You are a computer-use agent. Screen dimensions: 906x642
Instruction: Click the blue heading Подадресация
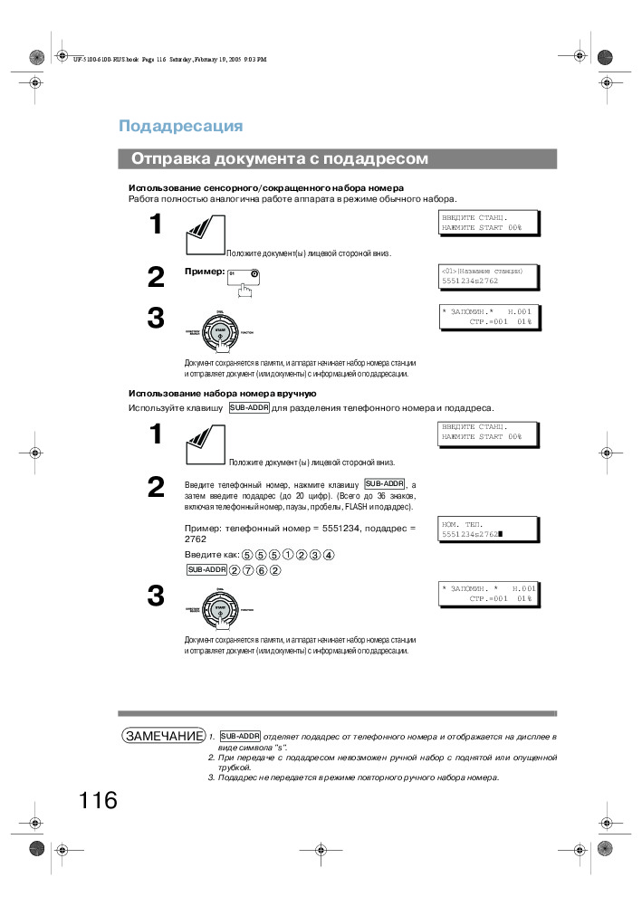coord(181,126)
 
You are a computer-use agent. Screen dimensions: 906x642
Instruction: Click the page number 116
coord(98,800)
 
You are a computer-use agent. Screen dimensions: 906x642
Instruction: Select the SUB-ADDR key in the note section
coord(240,737)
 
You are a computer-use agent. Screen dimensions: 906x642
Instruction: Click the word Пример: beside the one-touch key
coord(204,271)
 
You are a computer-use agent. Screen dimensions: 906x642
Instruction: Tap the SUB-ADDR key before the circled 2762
coord(206,569)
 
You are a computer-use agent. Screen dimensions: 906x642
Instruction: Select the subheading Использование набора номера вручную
coord(222,394)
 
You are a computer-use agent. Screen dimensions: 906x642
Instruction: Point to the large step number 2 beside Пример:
coord(156,278)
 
